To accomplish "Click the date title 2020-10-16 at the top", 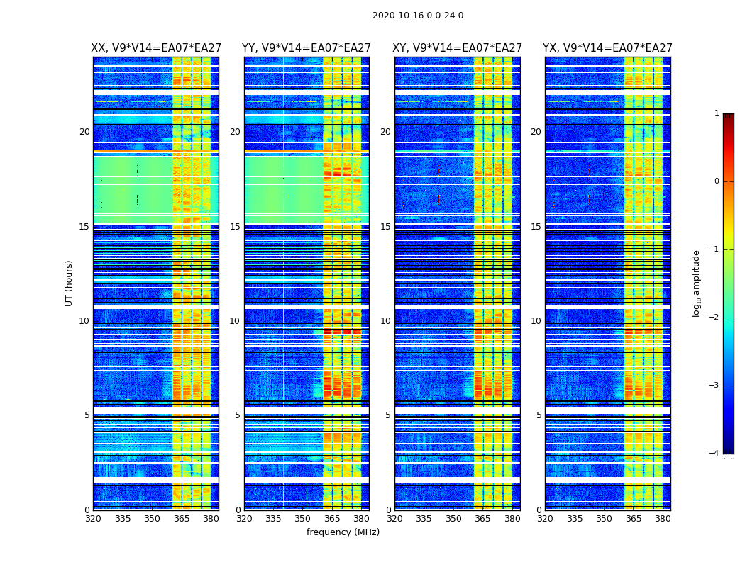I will coord(417,16).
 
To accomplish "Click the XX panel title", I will coord(155,48).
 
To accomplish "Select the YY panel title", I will coord(307,48).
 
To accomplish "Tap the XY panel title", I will coord(458,48).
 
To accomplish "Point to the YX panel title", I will coord(607,48).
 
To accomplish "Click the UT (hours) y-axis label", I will coord(70,283).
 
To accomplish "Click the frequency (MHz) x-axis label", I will coord(343,532).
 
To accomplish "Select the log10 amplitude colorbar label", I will coord(697,283).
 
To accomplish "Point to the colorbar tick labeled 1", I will coord(717,113).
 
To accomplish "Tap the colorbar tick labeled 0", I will coord(717,181).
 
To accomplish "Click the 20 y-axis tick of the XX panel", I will coord(84,132).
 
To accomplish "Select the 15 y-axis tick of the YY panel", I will coord(235,227).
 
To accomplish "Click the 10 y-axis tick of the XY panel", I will coord(385,321).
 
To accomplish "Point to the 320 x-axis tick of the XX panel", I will coord(93,519).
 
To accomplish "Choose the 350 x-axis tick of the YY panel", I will coord(303,519).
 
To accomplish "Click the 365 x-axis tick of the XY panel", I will coord(482,519).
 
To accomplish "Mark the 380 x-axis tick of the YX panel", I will coord(663,519).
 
